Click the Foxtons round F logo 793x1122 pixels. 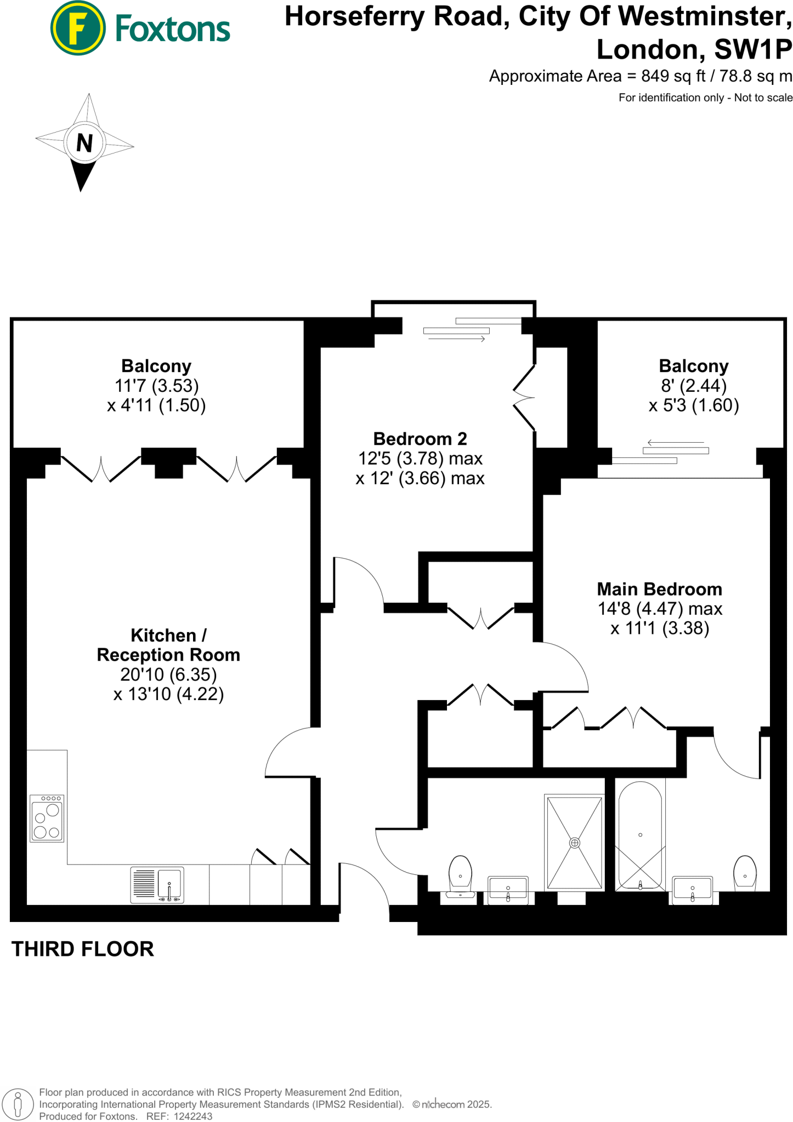(78, 28)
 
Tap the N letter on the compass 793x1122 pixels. (84, 143)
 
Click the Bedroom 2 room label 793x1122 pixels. (420, 439)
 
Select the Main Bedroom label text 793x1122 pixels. (659, 589)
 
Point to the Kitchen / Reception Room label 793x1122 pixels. (168, 645)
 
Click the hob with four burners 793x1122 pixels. (47, 818)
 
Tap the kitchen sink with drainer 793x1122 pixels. (157, 885)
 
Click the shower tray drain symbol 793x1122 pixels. (574, 843)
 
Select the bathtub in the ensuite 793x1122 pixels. (640, 834)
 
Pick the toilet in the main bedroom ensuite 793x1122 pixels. (745, 874)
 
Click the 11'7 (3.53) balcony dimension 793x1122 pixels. (156, 386)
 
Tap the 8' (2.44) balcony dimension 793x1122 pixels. (694, 386)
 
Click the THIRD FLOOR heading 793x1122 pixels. (83, 949)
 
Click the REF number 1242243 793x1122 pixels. (192, 1117)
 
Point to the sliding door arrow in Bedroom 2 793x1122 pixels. (456, 340)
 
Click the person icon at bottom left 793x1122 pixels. (18, 1104)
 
